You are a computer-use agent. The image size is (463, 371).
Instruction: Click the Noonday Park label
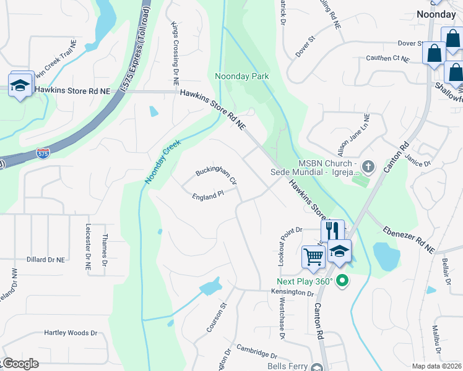pos(242,76)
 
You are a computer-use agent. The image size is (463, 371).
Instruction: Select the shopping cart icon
pos(313,256)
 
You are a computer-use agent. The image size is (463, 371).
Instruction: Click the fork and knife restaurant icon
pos(332,231)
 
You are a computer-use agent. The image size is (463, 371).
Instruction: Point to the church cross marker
pos(368,166)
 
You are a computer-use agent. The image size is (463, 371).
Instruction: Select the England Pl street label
pos(207,194)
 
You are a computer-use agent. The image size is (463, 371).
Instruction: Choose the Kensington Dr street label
pos(293,292)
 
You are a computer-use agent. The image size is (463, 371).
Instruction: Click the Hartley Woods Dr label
pos(71,333)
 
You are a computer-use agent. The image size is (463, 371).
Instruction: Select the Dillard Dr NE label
pos(46,260)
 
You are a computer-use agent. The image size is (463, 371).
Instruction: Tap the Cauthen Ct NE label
pos(387,59)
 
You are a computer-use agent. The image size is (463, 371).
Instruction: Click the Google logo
pos(20,364)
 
